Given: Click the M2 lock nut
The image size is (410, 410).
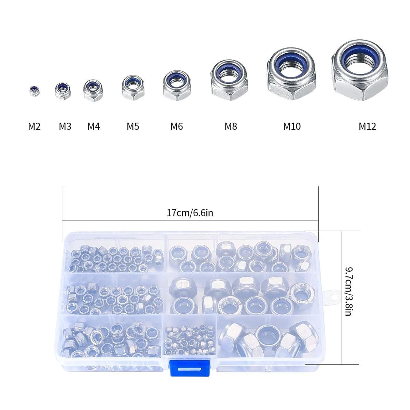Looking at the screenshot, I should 35,91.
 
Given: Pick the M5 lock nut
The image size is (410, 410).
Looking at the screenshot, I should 133,88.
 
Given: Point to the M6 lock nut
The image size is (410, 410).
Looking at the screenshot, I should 176,85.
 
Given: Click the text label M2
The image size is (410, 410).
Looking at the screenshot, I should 34,127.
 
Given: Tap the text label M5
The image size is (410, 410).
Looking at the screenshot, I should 133,127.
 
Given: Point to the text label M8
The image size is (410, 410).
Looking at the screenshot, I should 231,127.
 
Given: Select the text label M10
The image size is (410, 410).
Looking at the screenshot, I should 292,127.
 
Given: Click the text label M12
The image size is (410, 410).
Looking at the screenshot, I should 367,127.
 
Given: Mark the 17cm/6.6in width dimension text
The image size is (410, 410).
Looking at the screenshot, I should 190,213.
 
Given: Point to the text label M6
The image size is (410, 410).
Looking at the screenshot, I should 177,127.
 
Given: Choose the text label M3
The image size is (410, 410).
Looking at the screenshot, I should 65,127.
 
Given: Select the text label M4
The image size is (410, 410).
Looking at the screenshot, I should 94,127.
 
